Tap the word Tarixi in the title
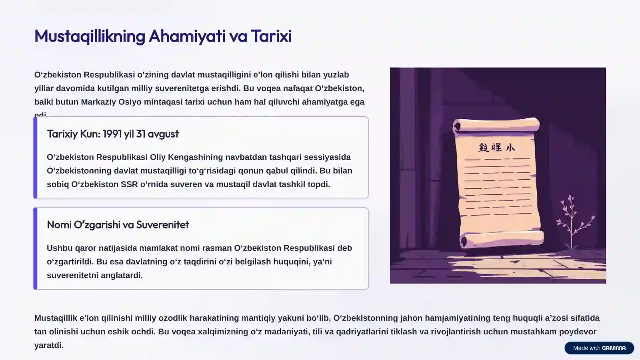point(272,36)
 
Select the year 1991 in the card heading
point(112,134)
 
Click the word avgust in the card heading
point(163,134)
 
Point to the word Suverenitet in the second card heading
point(162,224)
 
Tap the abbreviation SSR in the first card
point(129,184)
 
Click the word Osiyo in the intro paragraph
point(130,102)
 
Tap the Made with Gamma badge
point(599,348)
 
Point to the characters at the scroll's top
point(496,148)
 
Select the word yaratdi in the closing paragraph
point(48,345)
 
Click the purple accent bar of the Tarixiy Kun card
point(35,158)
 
